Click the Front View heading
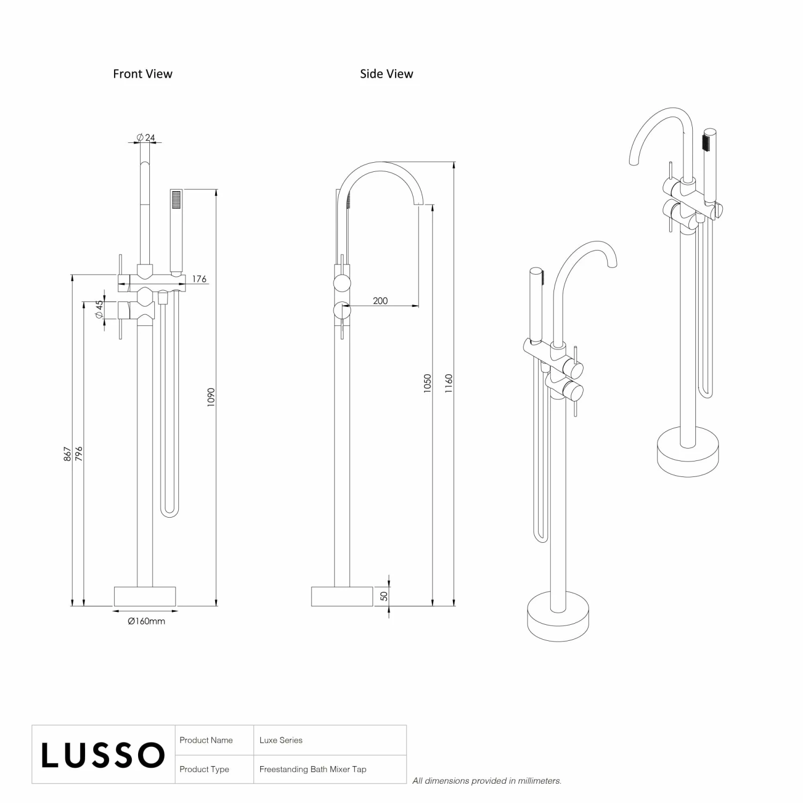(142, 74)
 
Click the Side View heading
(386, 74)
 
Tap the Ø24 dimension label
(146, 138)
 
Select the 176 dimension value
(199, 279)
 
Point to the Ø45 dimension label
(99, 310)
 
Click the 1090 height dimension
(211, 397)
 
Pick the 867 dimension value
(68, 454)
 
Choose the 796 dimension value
(79, 454)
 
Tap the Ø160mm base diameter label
(146, 621)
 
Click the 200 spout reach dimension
(380, 301)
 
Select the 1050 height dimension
(427, 383)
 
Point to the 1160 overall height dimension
(449, 383)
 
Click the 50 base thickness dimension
(384, 596)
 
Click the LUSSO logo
(103, 755)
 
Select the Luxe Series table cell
(281, 740)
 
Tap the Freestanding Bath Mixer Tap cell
(313, 769)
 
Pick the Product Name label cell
(206, 740)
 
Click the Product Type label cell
(204, 769)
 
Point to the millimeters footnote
(487, 781)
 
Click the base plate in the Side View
(342, 596)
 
